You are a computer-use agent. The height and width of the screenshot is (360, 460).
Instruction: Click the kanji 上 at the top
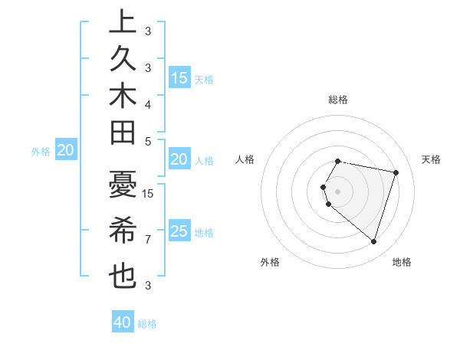tap(123, 23)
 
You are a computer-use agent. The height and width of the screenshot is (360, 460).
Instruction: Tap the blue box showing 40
tap(123, 322)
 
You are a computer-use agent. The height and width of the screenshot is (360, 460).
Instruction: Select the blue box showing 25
tap(179, 231)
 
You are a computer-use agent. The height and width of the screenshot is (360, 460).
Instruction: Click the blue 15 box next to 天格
tap(179, 77)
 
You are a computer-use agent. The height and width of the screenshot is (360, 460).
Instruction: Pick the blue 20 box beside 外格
tap(65, 151)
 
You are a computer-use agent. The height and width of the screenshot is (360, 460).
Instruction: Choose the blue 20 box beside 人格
tap(179, 159)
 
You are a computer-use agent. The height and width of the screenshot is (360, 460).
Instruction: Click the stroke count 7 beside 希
tap(148, 240)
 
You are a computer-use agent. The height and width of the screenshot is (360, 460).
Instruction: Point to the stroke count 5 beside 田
tap(148, 141)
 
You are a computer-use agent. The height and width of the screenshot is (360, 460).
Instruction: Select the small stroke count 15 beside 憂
tap(149, 194)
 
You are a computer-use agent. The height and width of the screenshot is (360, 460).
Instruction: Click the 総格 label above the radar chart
tap(338, 100)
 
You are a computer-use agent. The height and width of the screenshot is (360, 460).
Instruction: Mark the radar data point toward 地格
tap(373, 242)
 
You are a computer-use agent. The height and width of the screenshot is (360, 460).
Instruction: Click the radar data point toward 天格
tap(396, 172)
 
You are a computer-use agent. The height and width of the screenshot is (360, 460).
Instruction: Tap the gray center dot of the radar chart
tap(338, 191)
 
